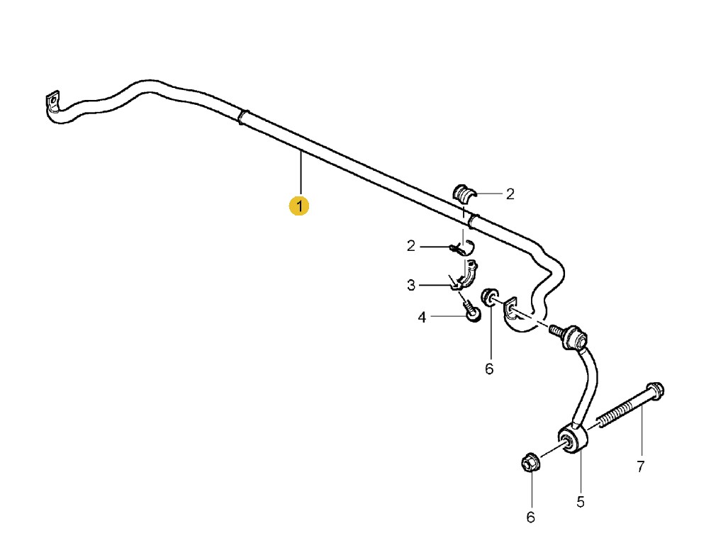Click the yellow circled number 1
(299, 206)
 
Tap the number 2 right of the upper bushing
(510, 194)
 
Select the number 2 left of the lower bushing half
(411, 246)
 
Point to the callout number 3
(411, 286)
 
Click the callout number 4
(422, 318)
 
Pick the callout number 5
(581, 502)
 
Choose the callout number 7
(640, 466)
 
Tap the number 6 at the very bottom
(530, 517)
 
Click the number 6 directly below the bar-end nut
(489, 369)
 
